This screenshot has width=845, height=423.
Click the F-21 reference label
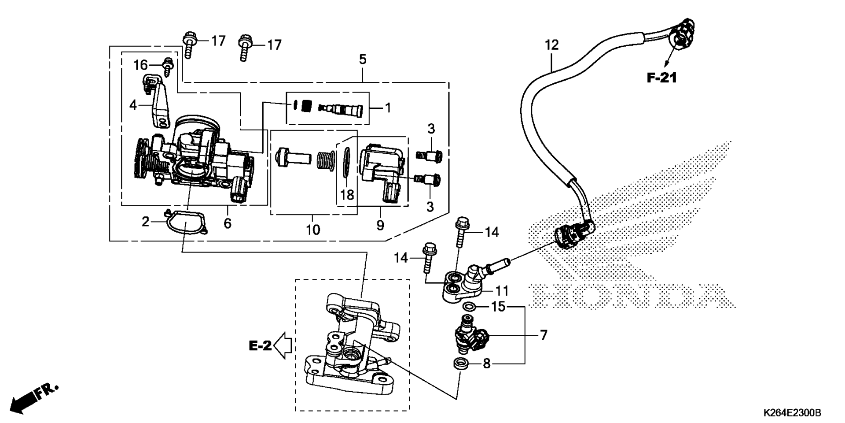(x=661, y=78)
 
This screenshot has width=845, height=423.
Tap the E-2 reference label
(x=261, y=346)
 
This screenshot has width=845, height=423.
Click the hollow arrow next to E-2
(x=283, y=345)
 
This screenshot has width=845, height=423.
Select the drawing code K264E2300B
(x=792, y=413)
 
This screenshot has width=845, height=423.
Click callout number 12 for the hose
(x=551, y=45)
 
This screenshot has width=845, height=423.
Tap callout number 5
(x=362, y=59)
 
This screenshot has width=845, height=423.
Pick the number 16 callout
(x=141, y=65)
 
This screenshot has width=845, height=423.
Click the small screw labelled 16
(x=168, y=66)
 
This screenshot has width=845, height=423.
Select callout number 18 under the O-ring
(x=347, y=195)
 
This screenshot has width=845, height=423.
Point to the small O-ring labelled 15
(x=469, y=307)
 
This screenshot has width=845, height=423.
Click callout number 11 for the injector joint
(x=502, y=291)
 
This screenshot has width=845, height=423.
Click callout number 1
(x=388, y=108)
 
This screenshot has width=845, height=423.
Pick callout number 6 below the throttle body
(x=227, y=223)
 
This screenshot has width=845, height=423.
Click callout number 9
(x=380, y=225)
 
